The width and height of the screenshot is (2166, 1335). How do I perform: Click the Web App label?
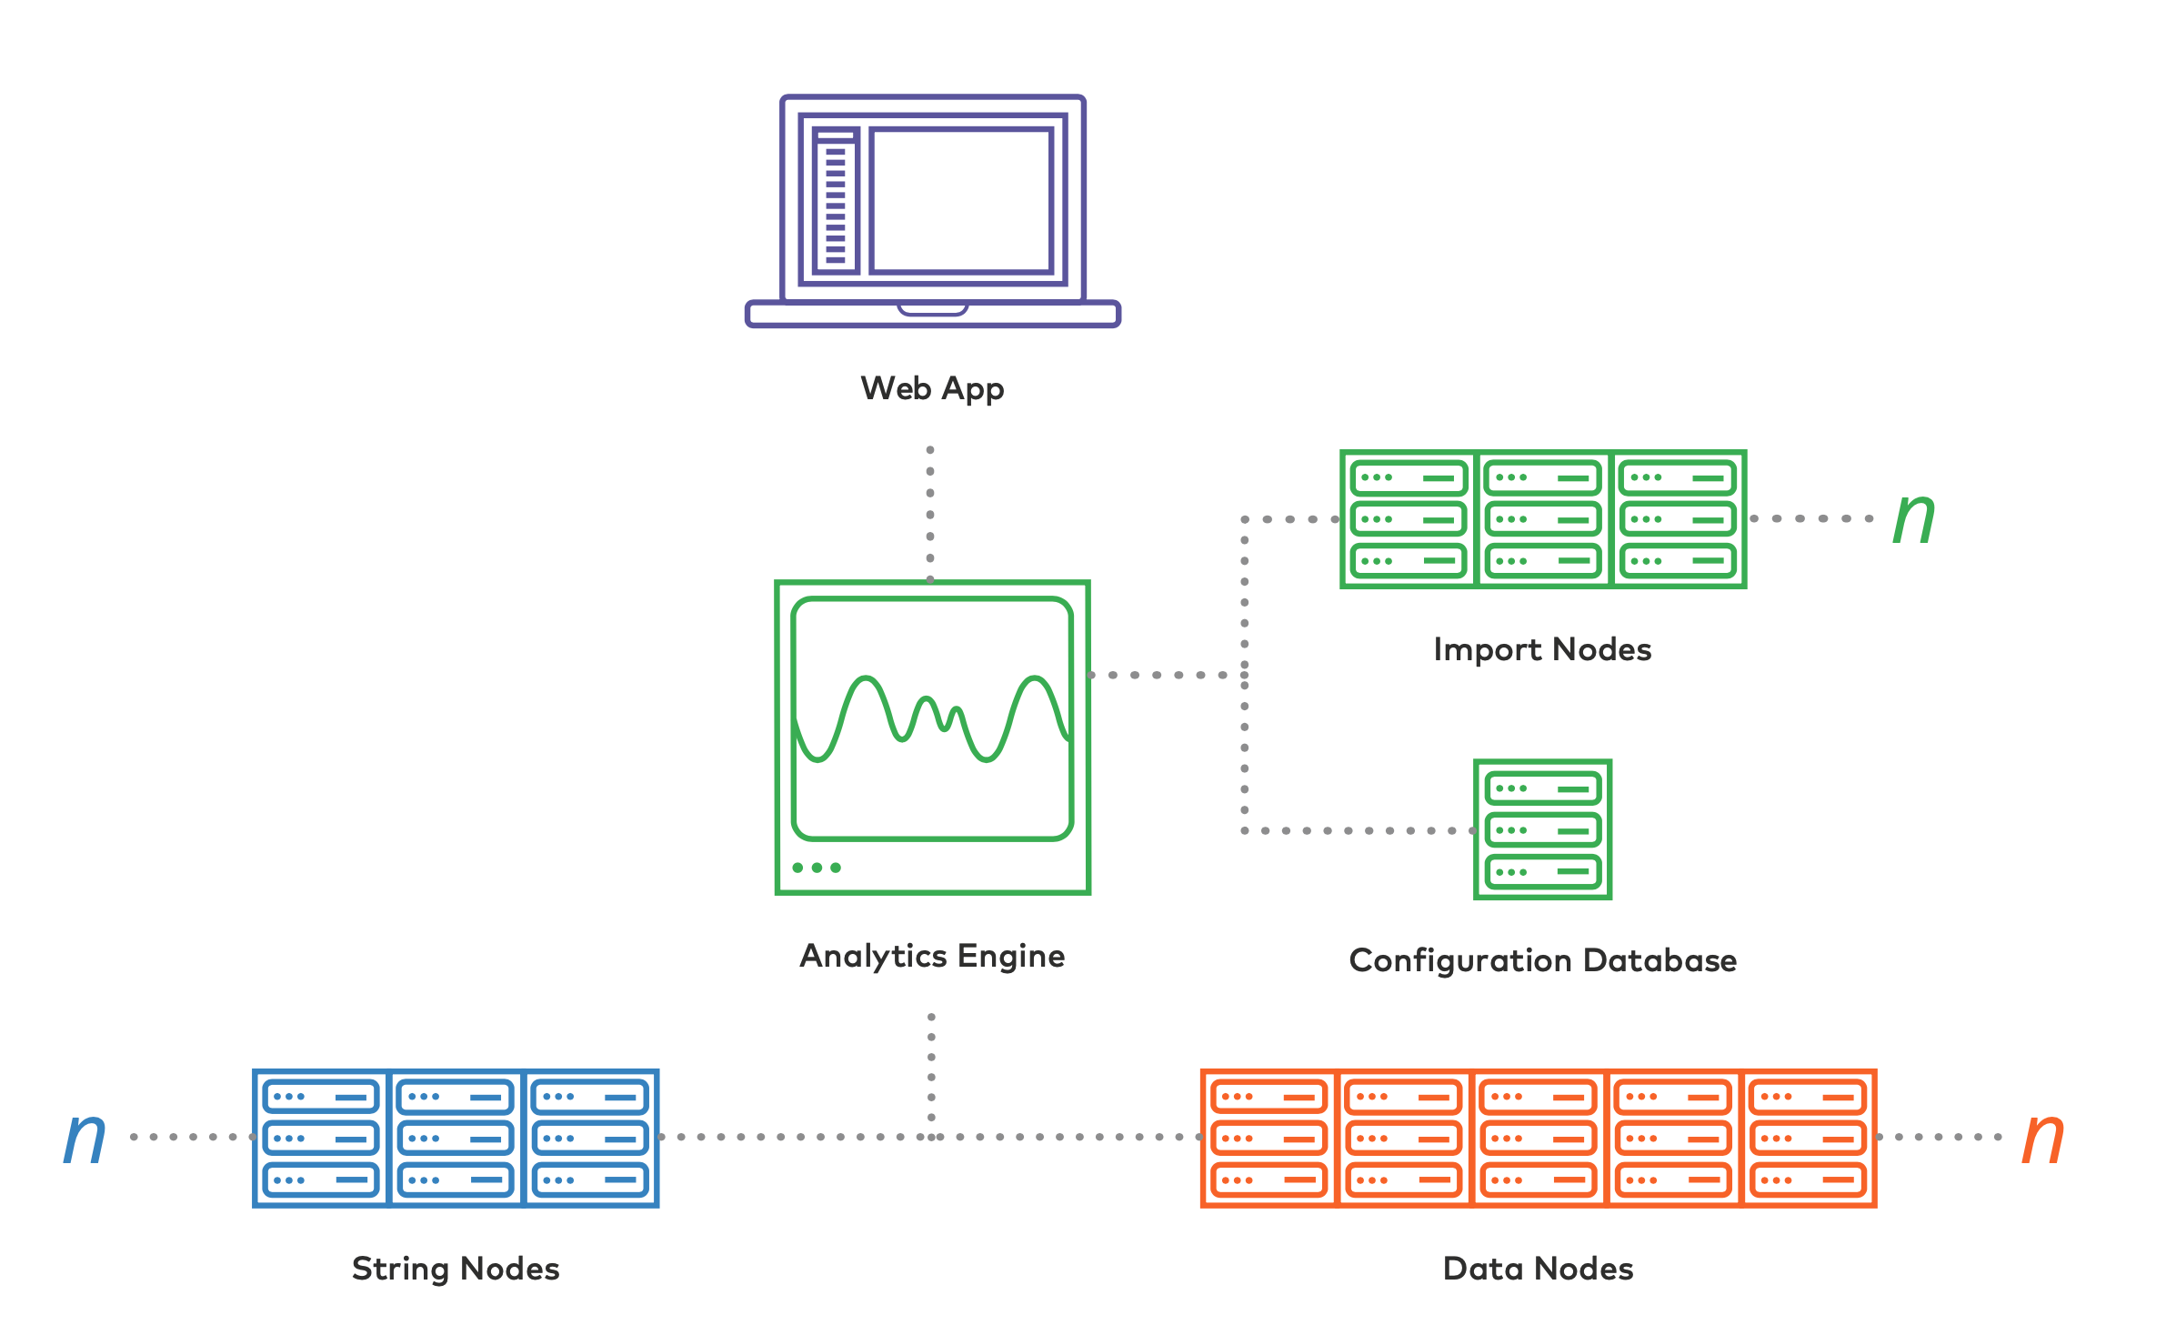click(x=932, y=389)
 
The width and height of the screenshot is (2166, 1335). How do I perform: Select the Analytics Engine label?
click(x=932, y=957)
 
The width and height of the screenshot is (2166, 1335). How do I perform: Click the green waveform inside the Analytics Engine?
click(x=932, y=718)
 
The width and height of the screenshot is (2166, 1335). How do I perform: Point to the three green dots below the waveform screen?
click(x=817, y=868)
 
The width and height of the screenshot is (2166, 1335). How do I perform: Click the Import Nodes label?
click(x=1542, y=650)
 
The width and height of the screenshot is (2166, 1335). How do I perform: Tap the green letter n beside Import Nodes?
click(x=1913, y=518)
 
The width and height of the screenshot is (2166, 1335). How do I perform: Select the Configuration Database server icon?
click(x=1542, y=829)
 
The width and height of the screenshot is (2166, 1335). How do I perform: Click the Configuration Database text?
click(x=1542, y=961)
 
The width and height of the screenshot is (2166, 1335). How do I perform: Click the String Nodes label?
click(x=456, y=1270)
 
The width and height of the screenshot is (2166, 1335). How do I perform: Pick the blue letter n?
click(x=85, y=1138)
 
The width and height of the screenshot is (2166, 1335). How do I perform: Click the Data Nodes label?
click(x=1538, y=1270)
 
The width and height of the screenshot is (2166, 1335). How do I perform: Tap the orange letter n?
click(x=2042, y=1138)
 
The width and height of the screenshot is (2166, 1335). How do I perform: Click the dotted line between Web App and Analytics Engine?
click(x=930, y=514)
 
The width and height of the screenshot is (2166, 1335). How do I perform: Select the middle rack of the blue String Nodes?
click(x=456, y=1139)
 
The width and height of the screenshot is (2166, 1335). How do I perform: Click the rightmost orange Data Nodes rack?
click(x=1808, y=1139)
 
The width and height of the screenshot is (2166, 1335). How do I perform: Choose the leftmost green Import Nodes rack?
click(x=1409, y=519)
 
